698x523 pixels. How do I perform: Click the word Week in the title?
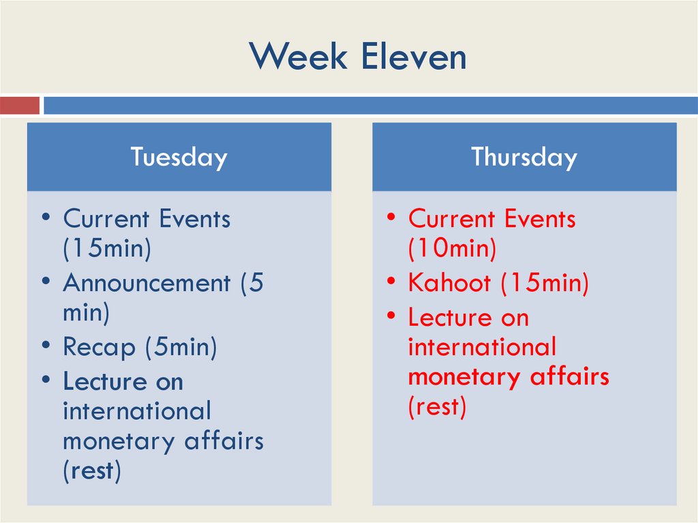tap(298, 57)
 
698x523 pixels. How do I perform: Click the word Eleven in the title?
tap(413, 57)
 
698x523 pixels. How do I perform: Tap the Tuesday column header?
tap(179, 157)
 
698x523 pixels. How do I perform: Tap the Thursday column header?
tap(524, 157)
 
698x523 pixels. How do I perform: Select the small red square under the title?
tap(20, 106)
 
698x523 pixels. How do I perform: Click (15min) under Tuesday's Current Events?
tap(106, 249)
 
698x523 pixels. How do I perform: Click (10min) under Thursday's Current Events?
tap(452, 249)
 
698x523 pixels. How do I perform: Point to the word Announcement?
tap(147, 283)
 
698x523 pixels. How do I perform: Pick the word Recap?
tap(99, 347)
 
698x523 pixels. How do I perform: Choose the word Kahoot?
tap(450, 283)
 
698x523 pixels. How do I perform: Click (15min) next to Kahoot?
tap(544, 283)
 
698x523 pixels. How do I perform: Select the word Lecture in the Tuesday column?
tap(104, 381)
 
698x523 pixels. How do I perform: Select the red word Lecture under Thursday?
tap(449, 317)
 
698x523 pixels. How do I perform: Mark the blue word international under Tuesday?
tap(137, 411)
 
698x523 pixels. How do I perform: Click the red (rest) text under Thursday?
tap(437, 407)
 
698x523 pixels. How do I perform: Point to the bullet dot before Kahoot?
tap(391, 280)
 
